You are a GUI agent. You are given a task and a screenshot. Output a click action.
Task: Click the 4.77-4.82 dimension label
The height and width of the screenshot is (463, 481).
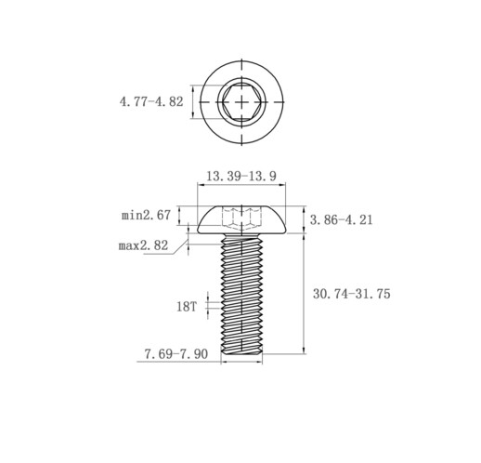click(x=151, y=102)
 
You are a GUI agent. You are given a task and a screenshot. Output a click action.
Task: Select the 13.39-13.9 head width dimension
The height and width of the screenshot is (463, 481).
click(x=241, y=177)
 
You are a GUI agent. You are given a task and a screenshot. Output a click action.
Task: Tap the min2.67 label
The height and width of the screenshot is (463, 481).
click(x=146, y=215)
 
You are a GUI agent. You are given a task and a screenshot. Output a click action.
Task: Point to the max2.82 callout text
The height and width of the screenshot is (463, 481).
click(x=143, y=245)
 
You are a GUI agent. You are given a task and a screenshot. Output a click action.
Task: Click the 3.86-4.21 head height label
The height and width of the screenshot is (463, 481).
click(x=342, y=220)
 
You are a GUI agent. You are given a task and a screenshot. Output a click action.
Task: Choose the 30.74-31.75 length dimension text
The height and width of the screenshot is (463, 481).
click(x=352, y=294)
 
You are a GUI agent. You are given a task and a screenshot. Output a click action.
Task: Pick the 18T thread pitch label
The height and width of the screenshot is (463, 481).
click(x=187, y=307)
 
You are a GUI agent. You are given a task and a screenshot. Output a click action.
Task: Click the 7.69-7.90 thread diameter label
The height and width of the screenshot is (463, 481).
click(x=176, y=354)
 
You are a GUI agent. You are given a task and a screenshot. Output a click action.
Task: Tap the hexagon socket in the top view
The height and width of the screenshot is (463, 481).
click(x=241, y=102)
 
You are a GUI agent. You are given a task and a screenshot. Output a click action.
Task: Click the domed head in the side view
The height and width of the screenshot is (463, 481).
click(x=241, y=219)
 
